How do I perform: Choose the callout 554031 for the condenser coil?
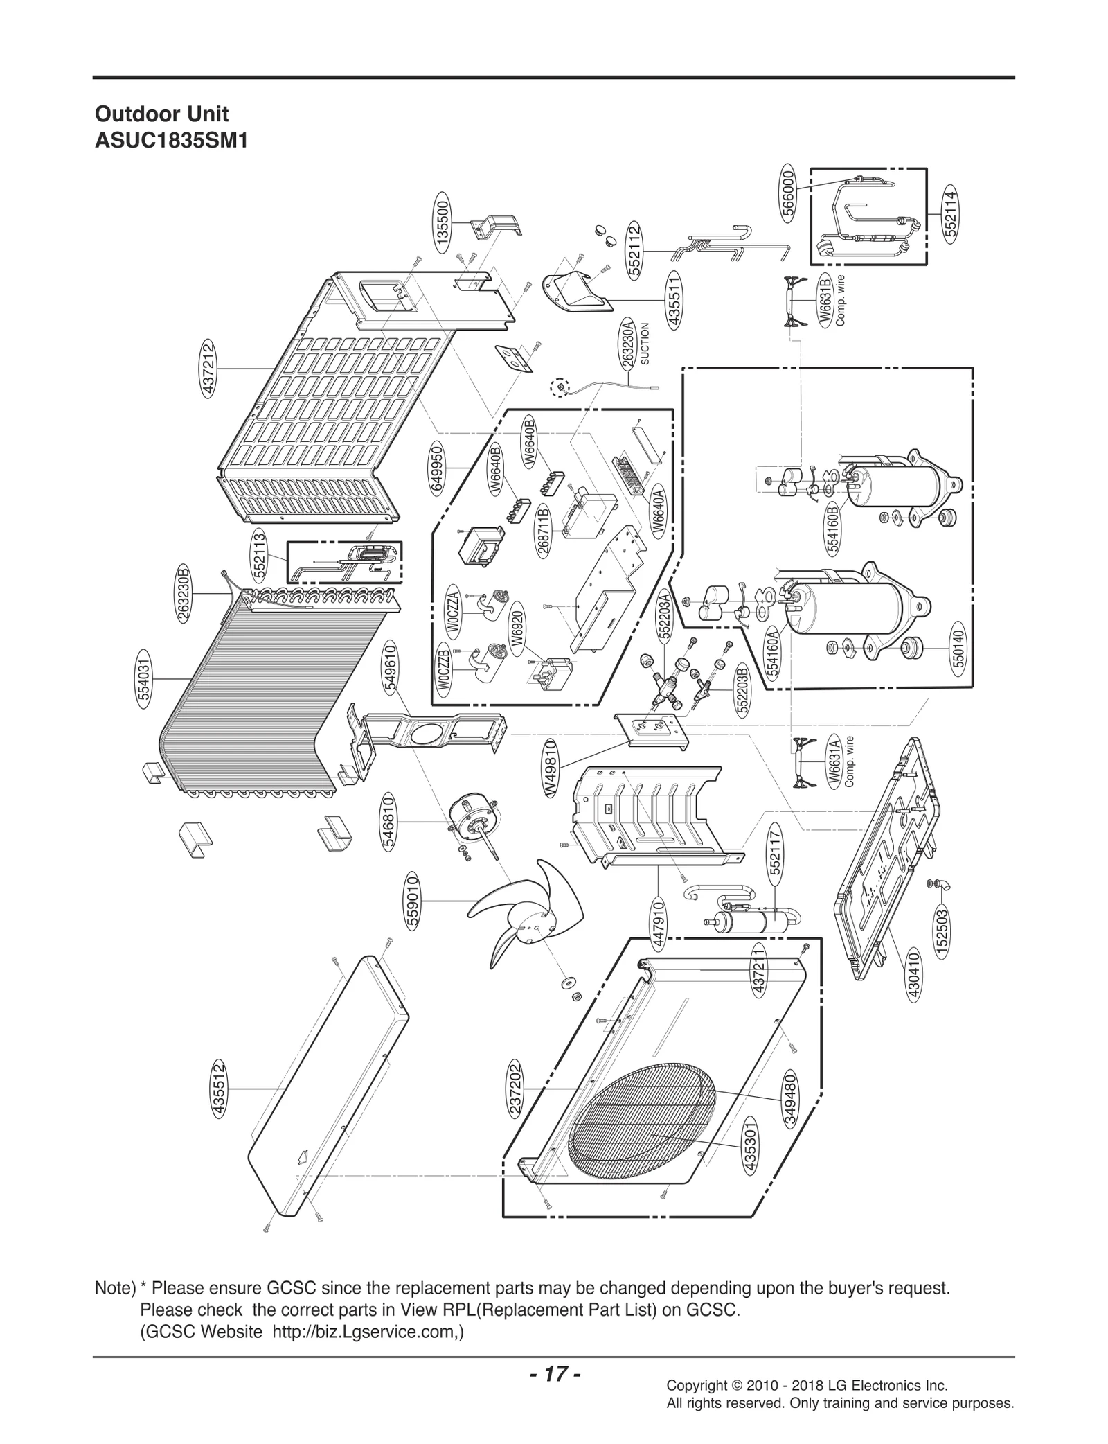[x=143, y=678]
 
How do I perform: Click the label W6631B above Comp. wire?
[x=824, y=300]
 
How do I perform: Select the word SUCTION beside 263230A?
[x=645, y=343]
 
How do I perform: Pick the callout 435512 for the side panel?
[x=220, y=1089]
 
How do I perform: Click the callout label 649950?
[x=438, y=469]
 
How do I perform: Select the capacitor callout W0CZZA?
[x=454, y=609]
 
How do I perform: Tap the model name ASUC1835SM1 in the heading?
[x=171, y=141]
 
